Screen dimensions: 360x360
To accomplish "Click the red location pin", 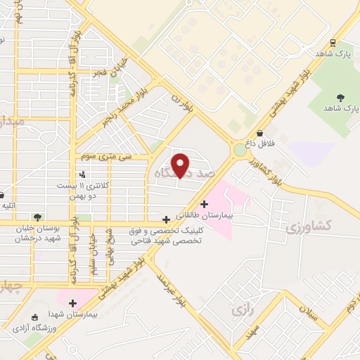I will pos(181,165).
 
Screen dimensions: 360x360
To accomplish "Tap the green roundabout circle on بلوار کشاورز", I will pos(240,150).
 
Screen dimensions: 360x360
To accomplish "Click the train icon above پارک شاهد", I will pos(332,42).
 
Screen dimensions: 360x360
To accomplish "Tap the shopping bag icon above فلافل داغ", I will pos(260,133).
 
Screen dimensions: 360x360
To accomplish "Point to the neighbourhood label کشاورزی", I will pos(308,228).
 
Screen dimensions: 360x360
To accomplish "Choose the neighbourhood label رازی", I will pos(241,308).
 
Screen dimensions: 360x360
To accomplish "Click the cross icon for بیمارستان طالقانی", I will pos(205,204).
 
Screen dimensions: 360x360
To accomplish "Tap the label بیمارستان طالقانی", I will pos(203,214).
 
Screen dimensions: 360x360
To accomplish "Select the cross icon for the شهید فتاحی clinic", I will pos(166,219).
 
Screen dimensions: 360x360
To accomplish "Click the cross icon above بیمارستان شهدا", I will pos(72,303).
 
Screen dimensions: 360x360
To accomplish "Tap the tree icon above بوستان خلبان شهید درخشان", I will pos(37,217).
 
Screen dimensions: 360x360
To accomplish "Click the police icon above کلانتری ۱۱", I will pos(83,174).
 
